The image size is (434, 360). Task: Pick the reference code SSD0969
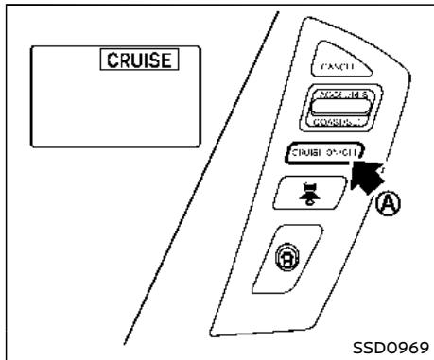386,348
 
